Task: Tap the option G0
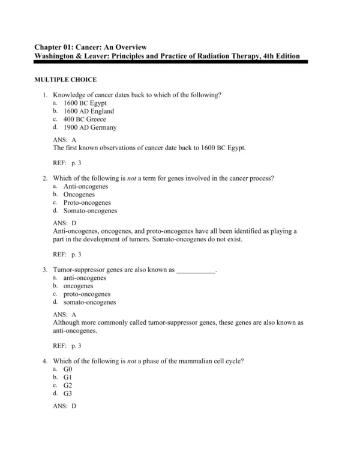coord(68,369)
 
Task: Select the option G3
coord(68,393)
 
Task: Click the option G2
coord(68,385)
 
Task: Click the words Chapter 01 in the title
coord(53,47)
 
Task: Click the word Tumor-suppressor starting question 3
coord(77,270)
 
